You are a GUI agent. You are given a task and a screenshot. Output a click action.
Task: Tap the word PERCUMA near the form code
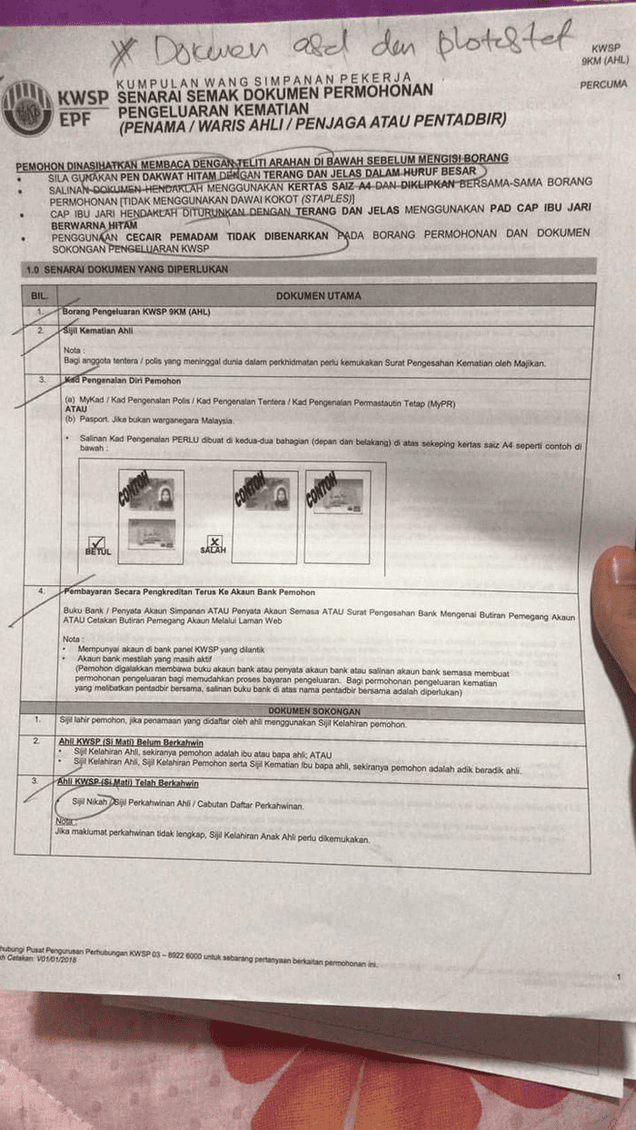pos(601,84)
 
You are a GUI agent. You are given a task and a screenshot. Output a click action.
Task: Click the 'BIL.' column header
pos(39,296)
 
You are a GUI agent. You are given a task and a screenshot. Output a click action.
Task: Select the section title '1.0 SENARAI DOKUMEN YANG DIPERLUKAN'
pos(126,269)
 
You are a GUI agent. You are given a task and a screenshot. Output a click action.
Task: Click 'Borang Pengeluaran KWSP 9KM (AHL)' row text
pos(136,312)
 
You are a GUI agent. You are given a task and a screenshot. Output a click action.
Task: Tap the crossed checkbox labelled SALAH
pos(214,542)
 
